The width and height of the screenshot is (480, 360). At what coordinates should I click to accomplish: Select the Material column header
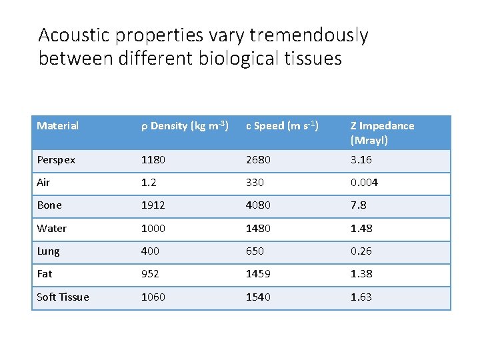coord(58,126)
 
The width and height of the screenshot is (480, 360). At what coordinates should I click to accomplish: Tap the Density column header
coord(185,126)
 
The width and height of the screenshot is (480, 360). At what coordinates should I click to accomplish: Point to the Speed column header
coord(282,126)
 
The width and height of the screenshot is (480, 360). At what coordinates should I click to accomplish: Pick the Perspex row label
coord(56,160)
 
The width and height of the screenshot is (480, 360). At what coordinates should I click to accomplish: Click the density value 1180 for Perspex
coord(153,160)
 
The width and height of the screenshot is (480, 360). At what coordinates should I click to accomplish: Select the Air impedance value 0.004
coord(365,183)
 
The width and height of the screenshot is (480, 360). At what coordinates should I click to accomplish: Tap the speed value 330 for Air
coord(255,183)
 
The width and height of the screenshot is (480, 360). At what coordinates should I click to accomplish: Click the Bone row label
coord(49,205)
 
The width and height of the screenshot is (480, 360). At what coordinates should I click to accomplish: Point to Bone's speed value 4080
coord(259,205)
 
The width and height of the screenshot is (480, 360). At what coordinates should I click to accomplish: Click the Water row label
coord(52,229)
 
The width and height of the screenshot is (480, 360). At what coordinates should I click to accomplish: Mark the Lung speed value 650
coord(255,251)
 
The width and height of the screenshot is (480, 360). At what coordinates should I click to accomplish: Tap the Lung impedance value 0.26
coord(361,251)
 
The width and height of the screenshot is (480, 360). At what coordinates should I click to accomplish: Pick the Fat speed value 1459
coord(259,274)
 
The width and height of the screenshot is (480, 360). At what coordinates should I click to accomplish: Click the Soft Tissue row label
coord(63,297)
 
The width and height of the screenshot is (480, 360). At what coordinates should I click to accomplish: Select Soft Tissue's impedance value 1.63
coord(361,297)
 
